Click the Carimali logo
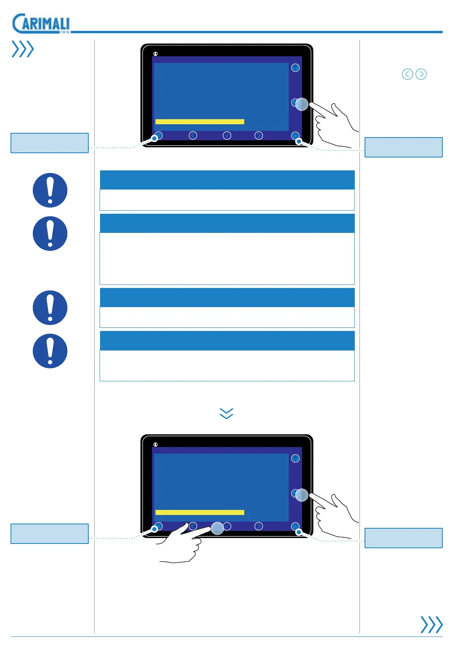click(x=41, y=24)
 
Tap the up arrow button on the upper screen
click(x=295, y=68)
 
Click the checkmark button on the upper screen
click(x=227, y=136)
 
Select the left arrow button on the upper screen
click(x=193, y=136)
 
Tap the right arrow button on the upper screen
click(x=259, y=136)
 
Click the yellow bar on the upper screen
click(x=200, y=122)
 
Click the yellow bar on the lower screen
click(x=200, y=512)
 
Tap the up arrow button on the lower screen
click(x=295, y=458)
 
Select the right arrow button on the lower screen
click(x=259, y=526)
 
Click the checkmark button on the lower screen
click(x=227, y=526)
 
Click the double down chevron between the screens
click(x=227, y=413)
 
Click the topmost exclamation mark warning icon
click(x=50, y=190)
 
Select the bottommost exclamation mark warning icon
click(x=50, y=351)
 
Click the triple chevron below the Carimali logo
click(x=23, y=49)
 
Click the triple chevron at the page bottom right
click(x=431, y=624)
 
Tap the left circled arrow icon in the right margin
click(x=408, y=74)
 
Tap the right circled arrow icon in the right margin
click(x=421, y=74)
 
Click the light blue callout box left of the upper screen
click(x=50, y=143)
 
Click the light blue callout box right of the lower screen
click(x=403, y=538)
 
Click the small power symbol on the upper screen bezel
click(x=156, y=54)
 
